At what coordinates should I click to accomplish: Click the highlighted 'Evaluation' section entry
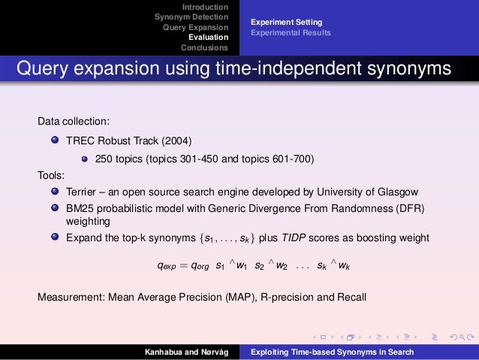208,37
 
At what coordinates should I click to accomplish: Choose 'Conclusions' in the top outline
204,47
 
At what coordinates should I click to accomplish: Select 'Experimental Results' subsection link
291,33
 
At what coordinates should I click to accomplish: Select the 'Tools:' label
52,175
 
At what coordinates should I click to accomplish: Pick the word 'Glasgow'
398,192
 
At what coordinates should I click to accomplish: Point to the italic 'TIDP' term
324,238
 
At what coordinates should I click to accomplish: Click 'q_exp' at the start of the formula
166,266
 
